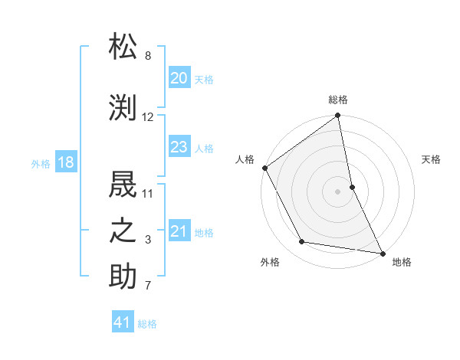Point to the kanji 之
(123, 231)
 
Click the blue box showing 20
(179, 78)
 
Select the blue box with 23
(179, 147)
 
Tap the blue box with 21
(179, 231)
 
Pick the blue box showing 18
(65, 163)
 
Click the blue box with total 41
(123, 322)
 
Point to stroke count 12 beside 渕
(148, 117)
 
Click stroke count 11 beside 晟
(148, 192)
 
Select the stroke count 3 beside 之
(148, 241)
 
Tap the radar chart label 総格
(338, 100)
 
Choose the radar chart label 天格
(431, 159)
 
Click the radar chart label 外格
(270, 262)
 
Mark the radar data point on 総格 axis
(338, 116)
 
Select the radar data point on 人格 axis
(264, 168)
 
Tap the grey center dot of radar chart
(338, 191)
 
